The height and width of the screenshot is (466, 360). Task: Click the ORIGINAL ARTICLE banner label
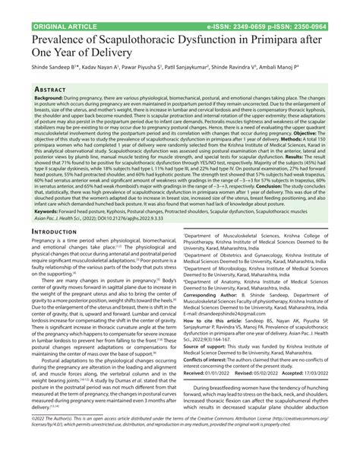[46, 6]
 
